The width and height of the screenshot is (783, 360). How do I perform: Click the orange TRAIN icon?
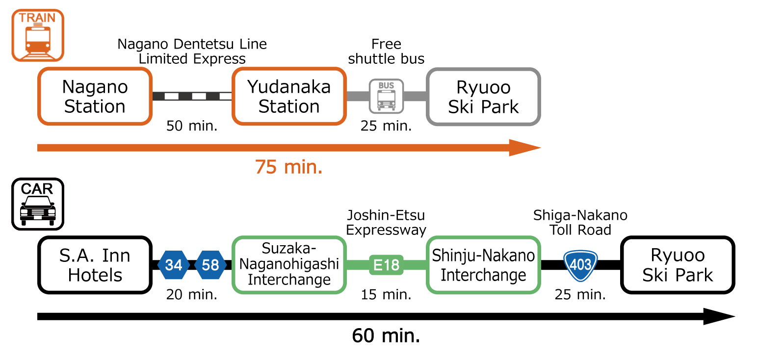coord(38,35)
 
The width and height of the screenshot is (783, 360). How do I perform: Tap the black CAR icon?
coord(38,204)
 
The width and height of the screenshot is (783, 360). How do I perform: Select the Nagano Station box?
coord(95,97)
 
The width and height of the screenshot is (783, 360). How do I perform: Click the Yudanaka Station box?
coord(289,97)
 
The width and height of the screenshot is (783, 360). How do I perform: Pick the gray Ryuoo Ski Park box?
coord(483,97)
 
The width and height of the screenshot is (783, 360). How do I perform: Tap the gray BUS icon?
coord(386,96)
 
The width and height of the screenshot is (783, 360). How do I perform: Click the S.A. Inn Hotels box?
coord(95,265)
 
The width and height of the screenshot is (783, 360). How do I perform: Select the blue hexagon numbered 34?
coord(174,265)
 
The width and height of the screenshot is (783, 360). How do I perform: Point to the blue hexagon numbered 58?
coord(210,265)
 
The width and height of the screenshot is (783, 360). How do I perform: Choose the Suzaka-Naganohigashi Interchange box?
coord(289,265)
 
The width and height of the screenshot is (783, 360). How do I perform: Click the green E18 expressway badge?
coord(386,265)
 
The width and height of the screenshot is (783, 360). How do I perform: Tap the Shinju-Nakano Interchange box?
coord(483,265)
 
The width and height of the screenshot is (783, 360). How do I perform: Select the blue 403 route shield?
coord(580,265)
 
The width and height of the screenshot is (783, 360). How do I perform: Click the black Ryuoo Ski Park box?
coord(678,265)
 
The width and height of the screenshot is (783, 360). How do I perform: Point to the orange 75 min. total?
coord(288,167)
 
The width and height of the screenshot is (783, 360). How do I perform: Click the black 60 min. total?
coord(386,336)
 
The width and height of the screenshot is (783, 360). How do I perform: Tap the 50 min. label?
coord(192,126)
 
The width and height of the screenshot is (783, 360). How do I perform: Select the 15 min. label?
coord(386,295)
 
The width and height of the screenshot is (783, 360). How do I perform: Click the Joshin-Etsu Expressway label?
coord(386,223)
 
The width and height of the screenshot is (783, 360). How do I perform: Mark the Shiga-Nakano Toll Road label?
coord(580,223)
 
